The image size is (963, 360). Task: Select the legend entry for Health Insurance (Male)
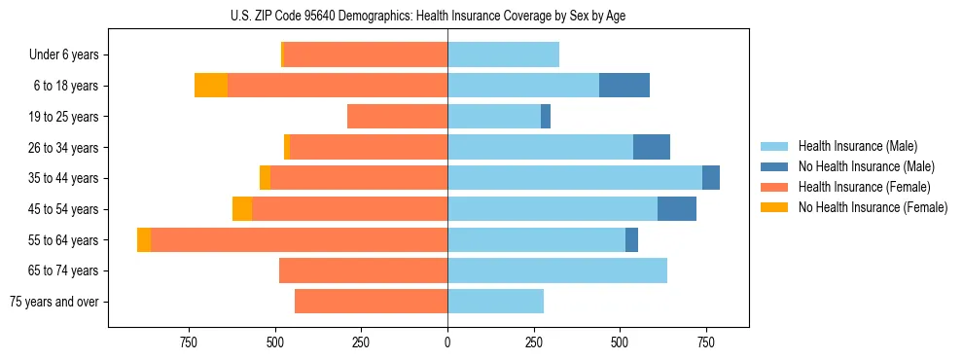tap(856, 146)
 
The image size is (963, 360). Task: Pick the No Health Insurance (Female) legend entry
tap(873, 207)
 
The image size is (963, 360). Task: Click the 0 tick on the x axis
tap(447, 342)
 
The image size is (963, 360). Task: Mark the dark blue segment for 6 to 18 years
tap(624, 86)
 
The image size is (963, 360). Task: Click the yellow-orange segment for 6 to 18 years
tap(211, 86)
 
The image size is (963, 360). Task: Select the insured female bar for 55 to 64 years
tap(299, 240)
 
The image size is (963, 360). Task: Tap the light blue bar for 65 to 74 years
tap(557, 270)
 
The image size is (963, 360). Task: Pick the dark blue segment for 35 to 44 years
tap(711, 178)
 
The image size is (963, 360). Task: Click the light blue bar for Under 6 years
tap(503, 54)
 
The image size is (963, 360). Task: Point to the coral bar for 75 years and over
tap(371, 302)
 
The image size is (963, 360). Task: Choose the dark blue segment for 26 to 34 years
tap(652, 147)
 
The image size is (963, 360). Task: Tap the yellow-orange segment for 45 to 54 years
tap(242, 209)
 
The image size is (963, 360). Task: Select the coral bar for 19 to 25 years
tap(397, 117)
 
